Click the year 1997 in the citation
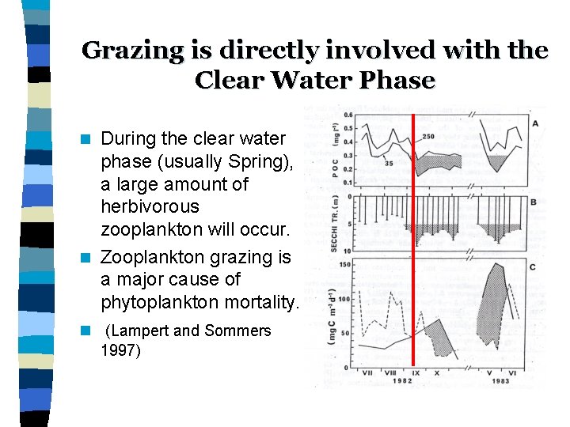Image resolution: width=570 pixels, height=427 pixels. [121, 350]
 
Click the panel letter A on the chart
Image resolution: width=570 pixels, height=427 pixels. [535, 123]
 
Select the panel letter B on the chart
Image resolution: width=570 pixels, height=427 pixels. [534, 202]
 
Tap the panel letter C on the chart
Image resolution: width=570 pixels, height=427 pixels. [532, 267]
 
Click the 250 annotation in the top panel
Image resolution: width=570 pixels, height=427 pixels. [428, 137]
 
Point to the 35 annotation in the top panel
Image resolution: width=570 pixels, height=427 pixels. [389, 163]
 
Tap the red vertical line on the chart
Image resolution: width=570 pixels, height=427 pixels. [413, 237]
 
